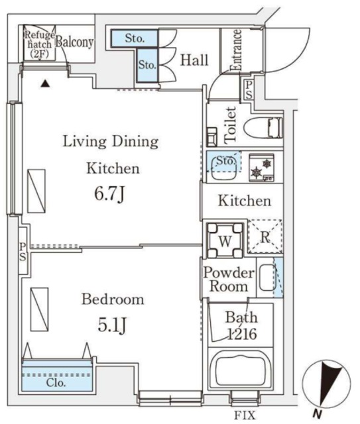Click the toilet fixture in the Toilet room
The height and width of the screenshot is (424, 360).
click(x=263, y=127)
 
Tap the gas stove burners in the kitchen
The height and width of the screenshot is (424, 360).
click(x=261, y=168)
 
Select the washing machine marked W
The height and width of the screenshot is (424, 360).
click(x=225, y=240)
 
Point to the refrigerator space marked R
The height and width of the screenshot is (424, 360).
click(x=265, y=237)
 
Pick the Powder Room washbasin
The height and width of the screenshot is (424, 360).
click(x=267, y=278)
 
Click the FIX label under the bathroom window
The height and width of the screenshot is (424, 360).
click(x=245, y=415)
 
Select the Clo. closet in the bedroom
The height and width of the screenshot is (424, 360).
click(x=57, y=376)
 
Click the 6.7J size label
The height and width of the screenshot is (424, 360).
click(x=109, y=194)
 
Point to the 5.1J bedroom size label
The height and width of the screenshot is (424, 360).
click(x=112, y=325)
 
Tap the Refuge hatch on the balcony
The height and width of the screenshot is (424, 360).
click(x=40, y=43)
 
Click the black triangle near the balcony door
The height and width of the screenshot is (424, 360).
click(x=46, y=83)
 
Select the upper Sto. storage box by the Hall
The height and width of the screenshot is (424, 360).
click(x=135, y=38)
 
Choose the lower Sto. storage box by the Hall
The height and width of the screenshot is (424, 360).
click(x=147, y=65)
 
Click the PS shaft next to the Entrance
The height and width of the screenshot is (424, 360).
click(x=248, y=90)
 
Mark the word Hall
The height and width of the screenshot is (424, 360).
click(x=194, y=60)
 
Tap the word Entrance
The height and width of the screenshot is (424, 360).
click(x=235, y=50)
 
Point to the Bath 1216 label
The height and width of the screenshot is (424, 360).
click(x=241, y=325)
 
